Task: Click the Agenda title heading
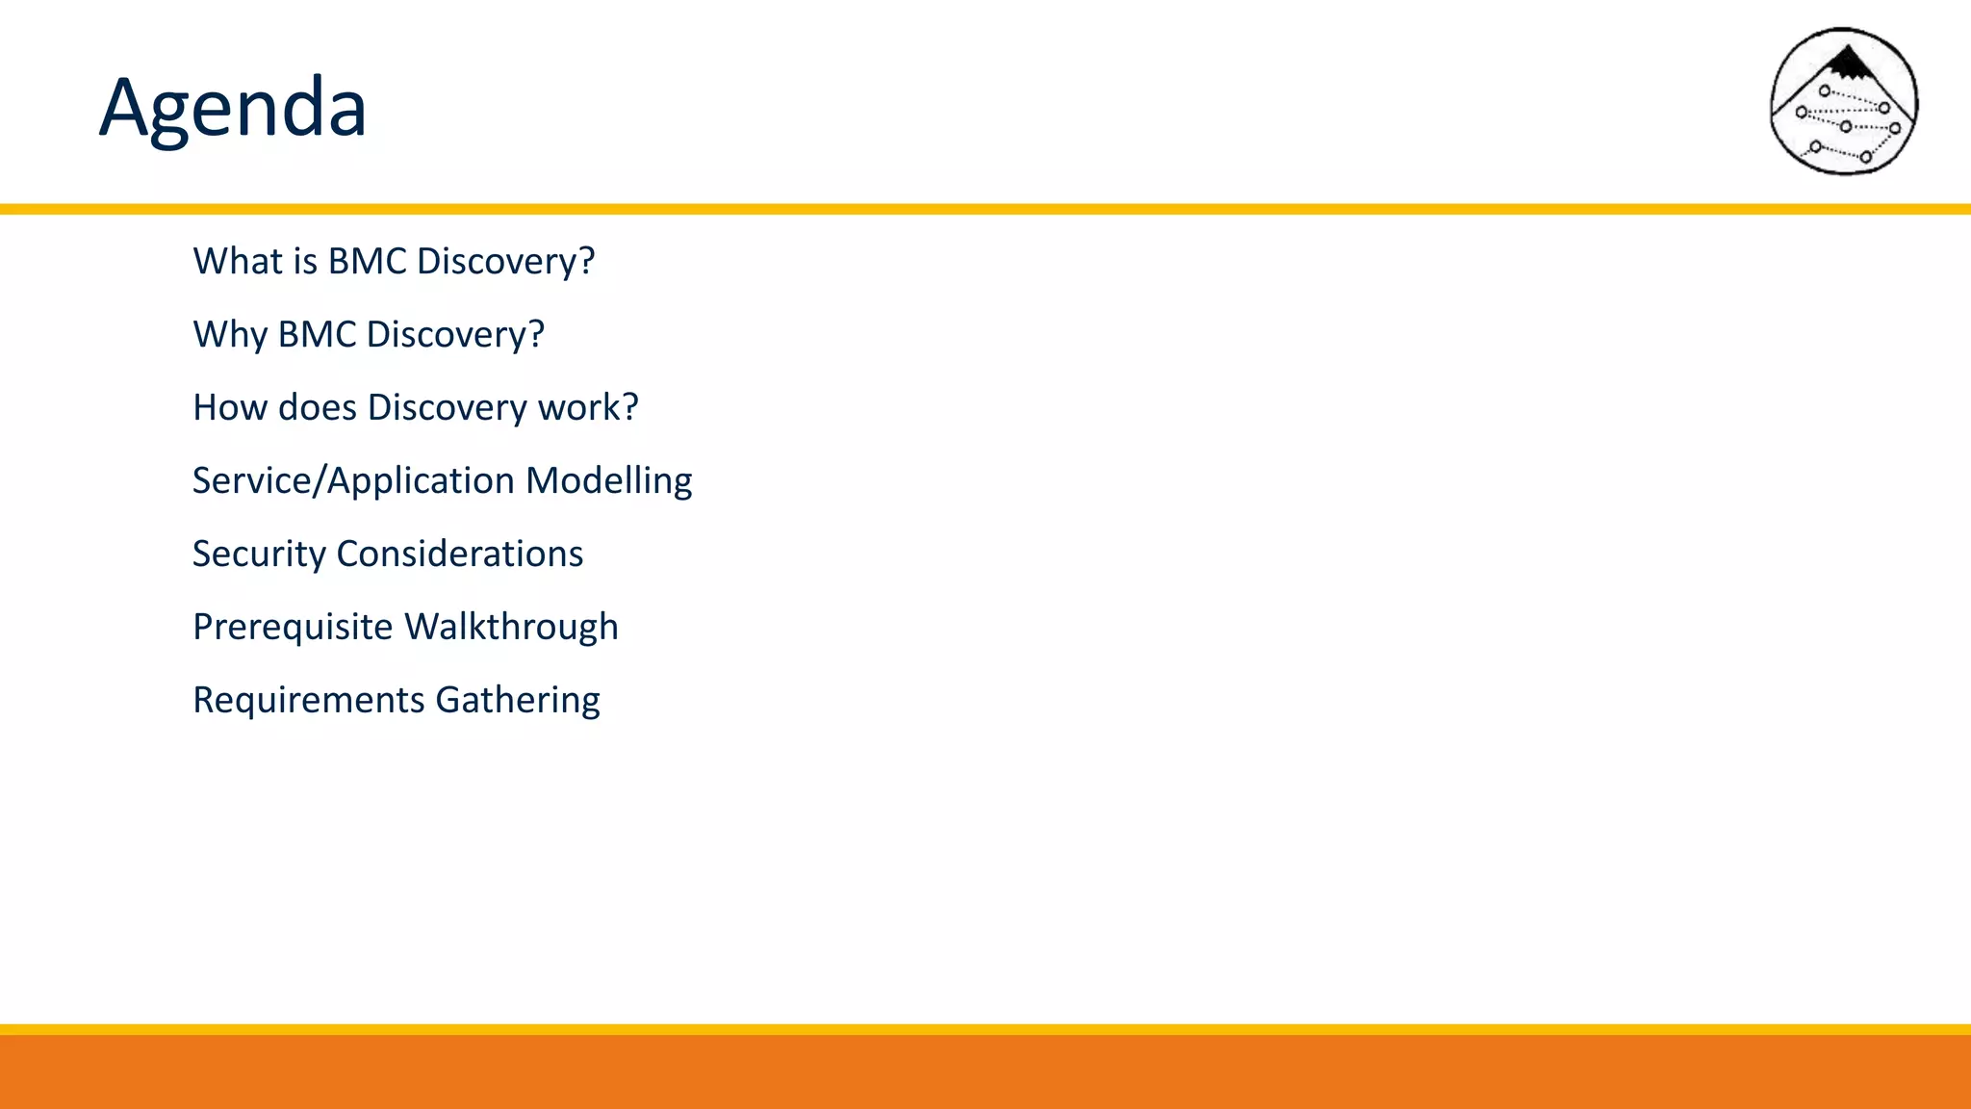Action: (x=233, y=108)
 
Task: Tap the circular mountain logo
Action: (x=1844, y=101)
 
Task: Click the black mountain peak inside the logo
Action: (x=1847, y=64)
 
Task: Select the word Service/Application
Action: (x=353, y=480)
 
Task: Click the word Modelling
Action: (x=608, y=480)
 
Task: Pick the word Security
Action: (x=259, y=554)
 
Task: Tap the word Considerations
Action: (x=459, y=554)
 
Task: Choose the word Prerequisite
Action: (x=293, y=627)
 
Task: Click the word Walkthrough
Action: (x=511, y=627)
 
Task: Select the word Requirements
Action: (x=308, y=700)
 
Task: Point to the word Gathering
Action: (x=517, y=700)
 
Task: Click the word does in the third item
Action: (x=317, y=407)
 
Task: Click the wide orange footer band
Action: (x=985, y=1071)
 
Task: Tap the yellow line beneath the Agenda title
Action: (x=985, y=209)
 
